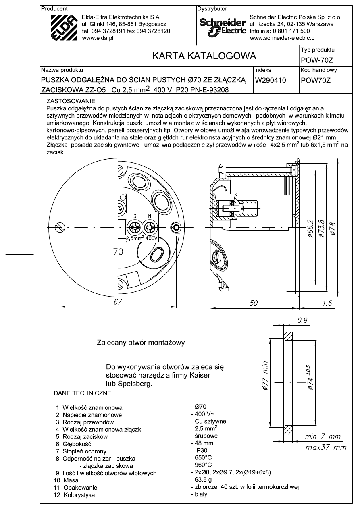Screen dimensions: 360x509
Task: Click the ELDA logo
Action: point(65,28)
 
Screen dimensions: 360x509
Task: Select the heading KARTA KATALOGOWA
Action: point(204,56)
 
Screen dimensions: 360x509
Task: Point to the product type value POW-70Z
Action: point(317,60)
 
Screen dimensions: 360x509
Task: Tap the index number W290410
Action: point(270,80)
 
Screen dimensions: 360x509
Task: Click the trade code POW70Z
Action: point(316,80)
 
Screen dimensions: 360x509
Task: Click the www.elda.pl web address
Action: point(98,38)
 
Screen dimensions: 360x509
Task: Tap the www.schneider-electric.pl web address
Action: point(283,38)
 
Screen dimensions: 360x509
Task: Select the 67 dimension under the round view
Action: point(118,301)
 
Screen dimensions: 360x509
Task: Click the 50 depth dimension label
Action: point(254,303)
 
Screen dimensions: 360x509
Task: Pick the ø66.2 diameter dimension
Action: point(310,229)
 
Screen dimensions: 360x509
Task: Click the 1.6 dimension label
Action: point(327,303)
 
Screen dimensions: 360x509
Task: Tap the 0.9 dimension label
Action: point(302,320)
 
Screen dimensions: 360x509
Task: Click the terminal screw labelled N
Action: point(150,227)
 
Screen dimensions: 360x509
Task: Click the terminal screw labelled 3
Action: point(135,227)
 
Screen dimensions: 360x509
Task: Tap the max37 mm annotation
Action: point(326,447)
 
